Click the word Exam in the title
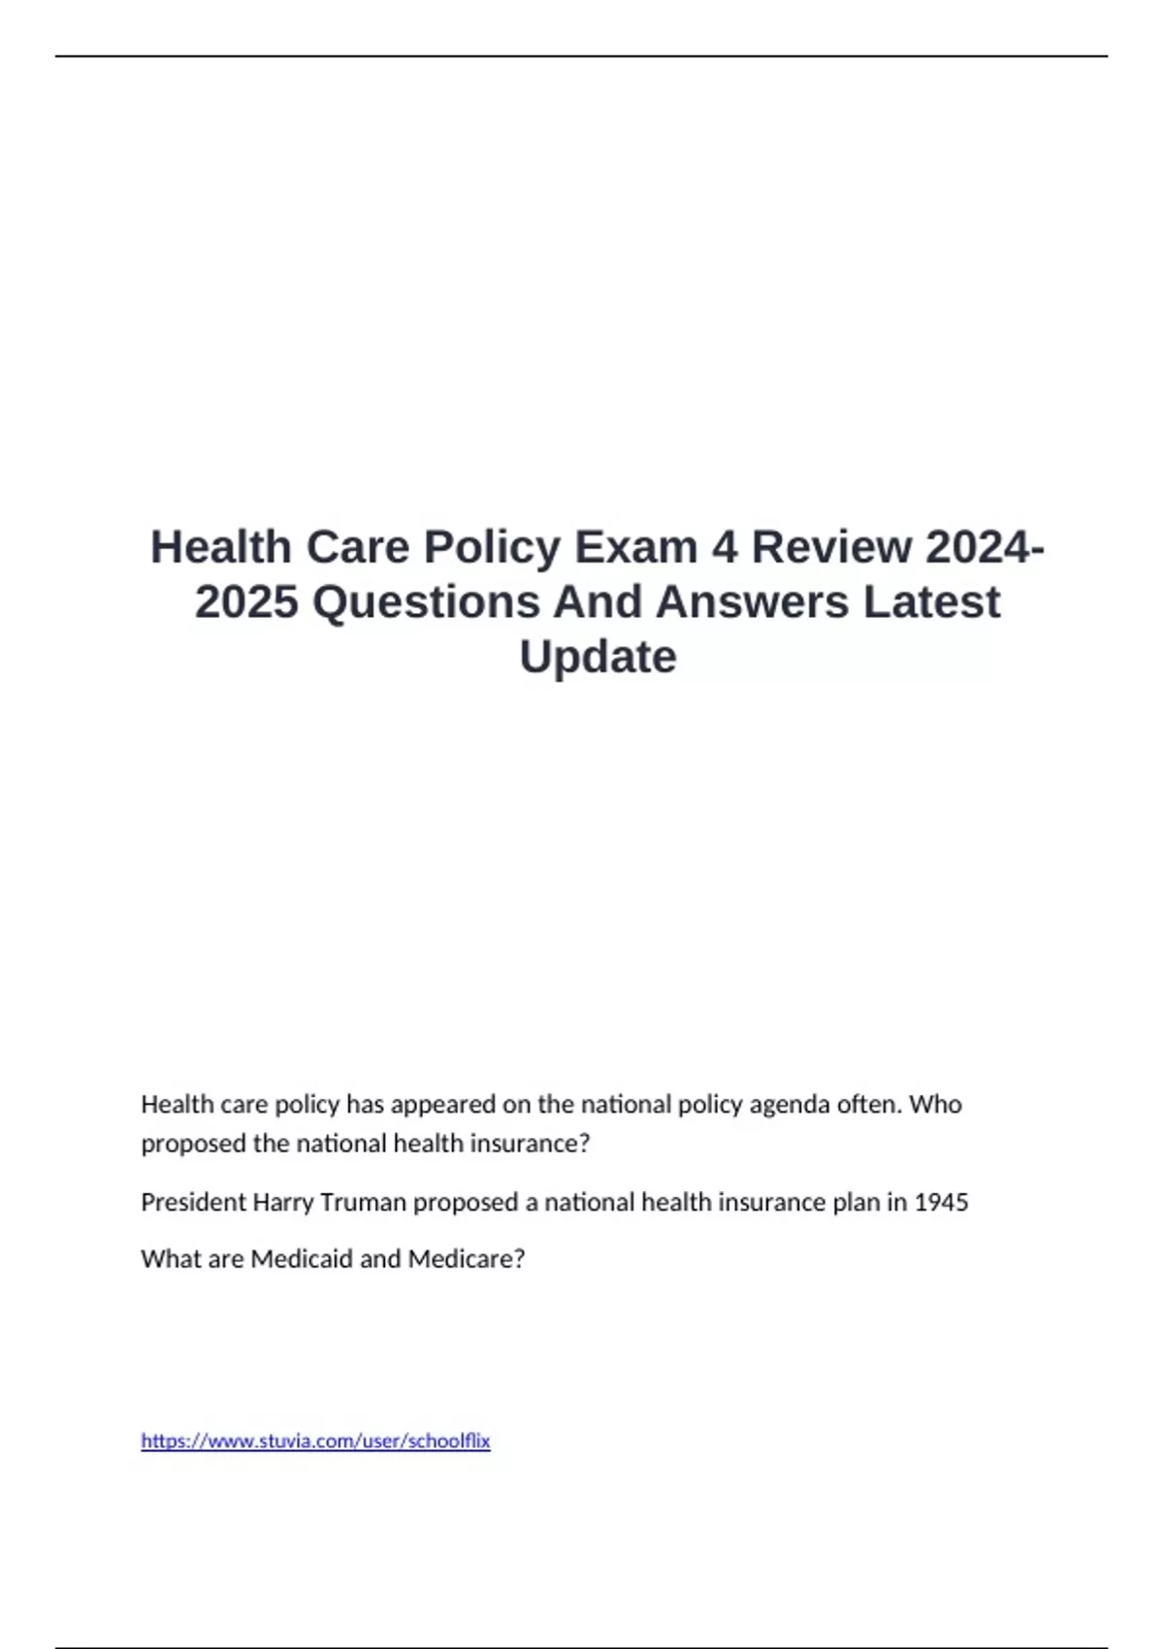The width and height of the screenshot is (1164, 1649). pos(635,547)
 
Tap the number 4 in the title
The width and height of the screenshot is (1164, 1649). pos(725,547)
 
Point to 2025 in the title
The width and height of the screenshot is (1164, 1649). pos(246,602)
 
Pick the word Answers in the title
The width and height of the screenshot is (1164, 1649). pos(753,602)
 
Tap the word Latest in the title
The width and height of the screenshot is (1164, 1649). pos(931,602)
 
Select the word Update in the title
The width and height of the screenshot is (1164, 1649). pos(598,657)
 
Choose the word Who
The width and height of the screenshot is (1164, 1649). pos(935,1104)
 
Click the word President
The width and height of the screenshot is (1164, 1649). pos(193,1203)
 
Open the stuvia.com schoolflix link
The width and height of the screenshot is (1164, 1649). pos(315,1441)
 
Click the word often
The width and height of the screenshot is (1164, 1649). pos(868,1104)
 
